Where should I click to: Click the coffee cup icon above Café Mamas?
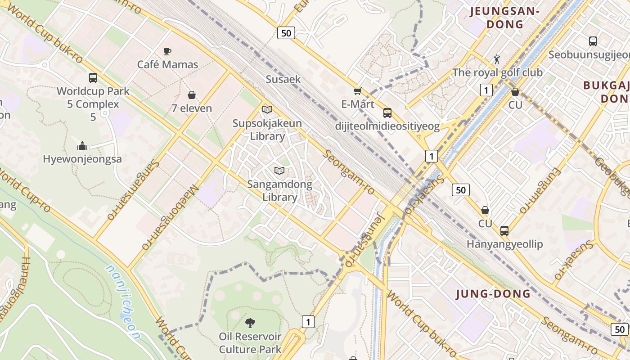coord(167,51)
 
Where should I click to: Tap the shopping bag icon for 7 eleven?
coord(192,95)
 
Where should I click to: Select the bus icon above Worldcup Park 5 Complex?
coord(93,77)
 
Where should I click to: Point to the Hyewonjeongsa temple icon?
coord(82,146)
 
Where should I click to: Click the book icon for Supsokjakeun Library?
coord(267,109)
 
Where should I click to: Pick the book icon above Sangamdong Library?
coord(279,171)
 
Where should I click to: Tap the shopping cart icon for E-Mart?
coord(358,91)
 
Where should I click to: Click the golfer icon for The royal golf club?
coord(497,59)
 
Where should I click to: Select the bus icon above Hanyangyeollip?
coord(504,231)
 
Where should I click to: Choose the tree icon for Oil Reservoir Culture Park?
coord(250,323)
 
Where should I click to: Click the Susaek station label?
coord(283,79)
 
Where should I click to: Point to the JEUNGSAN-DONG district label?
coord(505,18)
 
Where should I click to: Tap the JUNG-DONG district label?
coord(493,294)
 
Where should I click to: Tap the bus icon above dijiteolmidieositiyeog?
coord(387,112)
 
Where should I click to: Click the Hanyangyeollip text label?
coord(504,244)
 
